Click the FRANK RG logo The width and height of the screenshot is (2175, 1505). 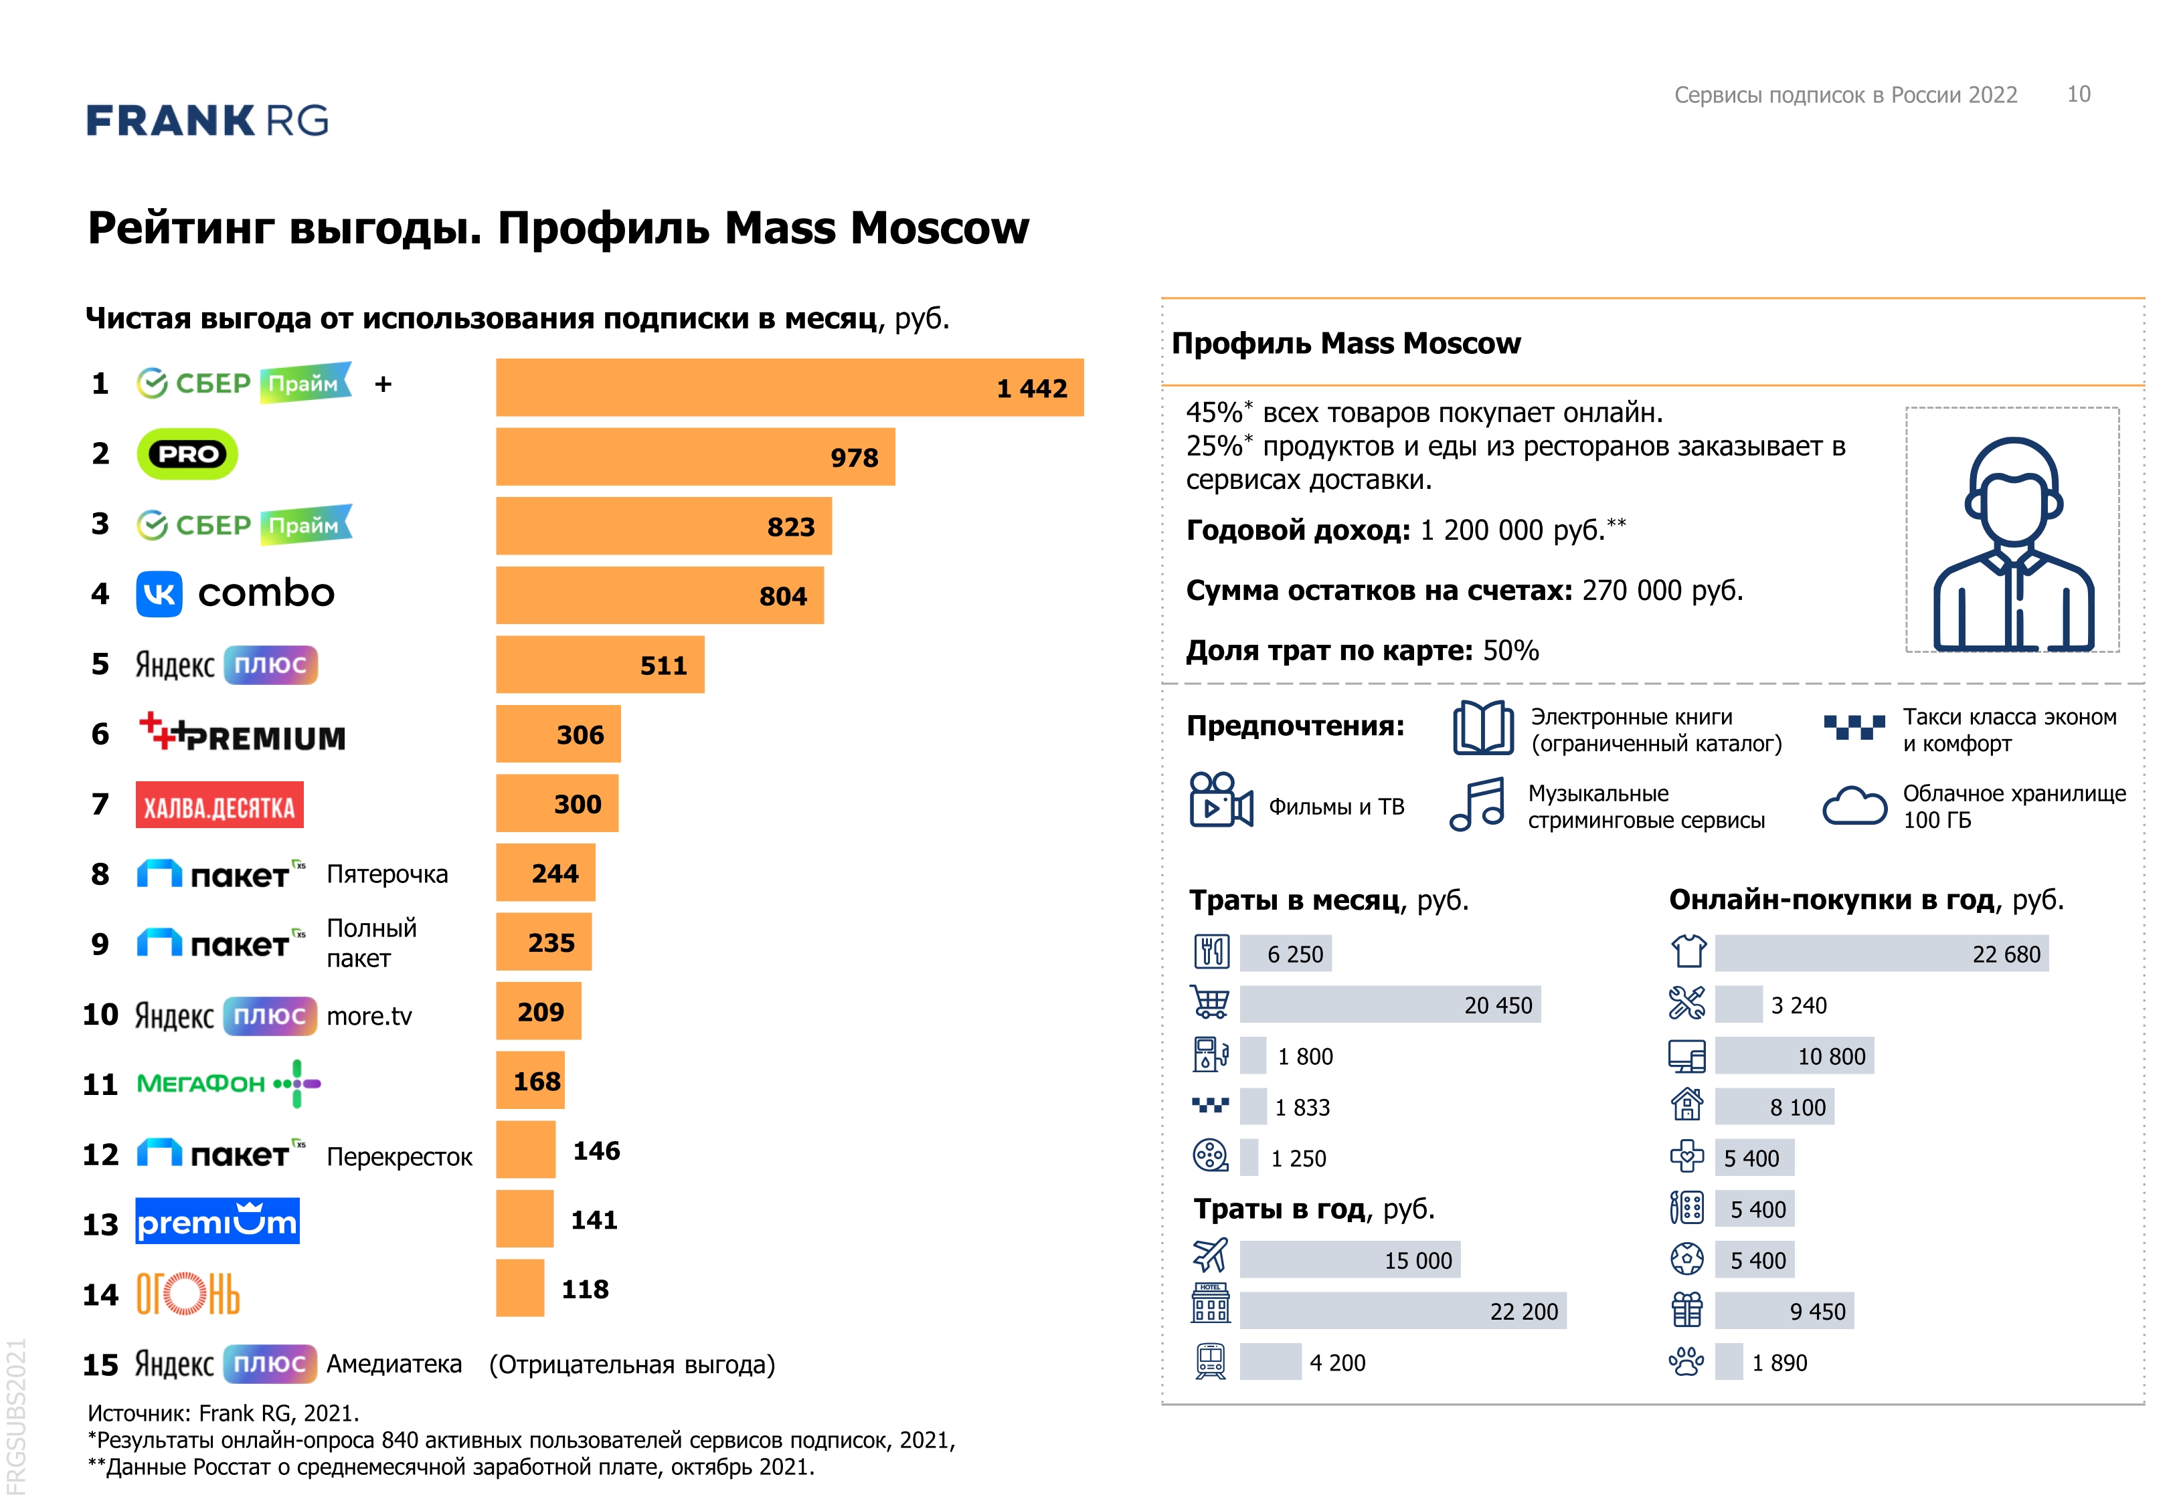click(207, 120)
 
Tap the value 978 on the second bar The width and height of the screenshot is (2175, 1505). click(853, 458)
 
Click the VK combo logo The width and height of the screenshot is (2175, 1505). click(236, 594)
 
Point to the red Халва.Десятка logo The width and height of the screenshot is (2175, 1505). click(219, 806)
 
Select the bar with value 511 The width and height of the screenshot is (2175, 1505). click(599, 665)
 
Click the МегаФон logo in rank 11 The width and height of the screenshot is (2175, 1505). click(228, 1084)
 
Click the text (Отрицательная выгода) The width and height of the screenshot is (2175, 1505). click(631, 1365)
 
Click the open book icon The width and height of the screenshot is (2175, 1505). click(1483, 728)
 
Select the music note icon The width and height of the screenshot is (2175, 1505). click(1478, 805)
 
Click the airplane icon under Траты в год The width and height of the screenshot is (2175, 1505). click(1210, 1257)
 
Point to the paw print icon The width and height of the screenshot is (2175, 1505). click(1686, 1362)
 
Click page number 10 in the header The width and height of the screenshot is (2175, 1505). click(2078, 94)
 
